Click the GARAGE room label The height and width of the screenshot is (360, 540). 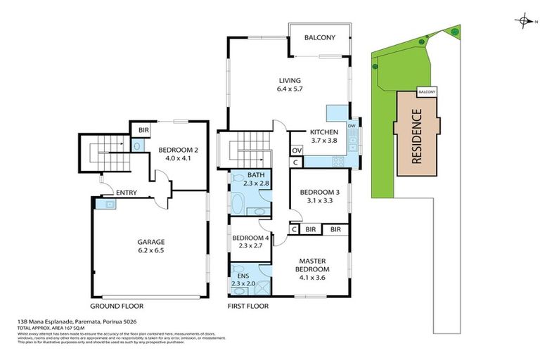tap(151, 242)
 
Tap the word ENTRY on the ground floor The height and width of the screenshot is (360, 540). tap(127, 193)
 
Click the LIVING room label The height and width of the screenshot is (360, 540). tap(289, 80)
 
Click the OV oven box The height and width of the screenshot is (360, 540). tap(296, 149)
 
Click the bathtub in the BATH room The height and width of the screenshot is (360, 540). tap(239, 206)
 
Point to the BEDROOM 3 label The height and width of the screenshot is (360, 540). tap(320, 192)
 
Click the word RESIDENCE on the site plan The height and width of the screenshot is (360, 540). tap(416, 136)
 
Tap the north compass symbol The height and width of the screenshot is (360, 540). tap(525, 20)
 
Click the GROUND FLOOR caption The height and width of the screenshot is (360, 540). tap(117, 307)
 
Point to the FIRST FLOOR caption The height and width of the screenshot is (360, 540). tap(248, 307)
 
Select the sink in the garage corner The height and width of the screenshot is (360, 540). tap(108, 204)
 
